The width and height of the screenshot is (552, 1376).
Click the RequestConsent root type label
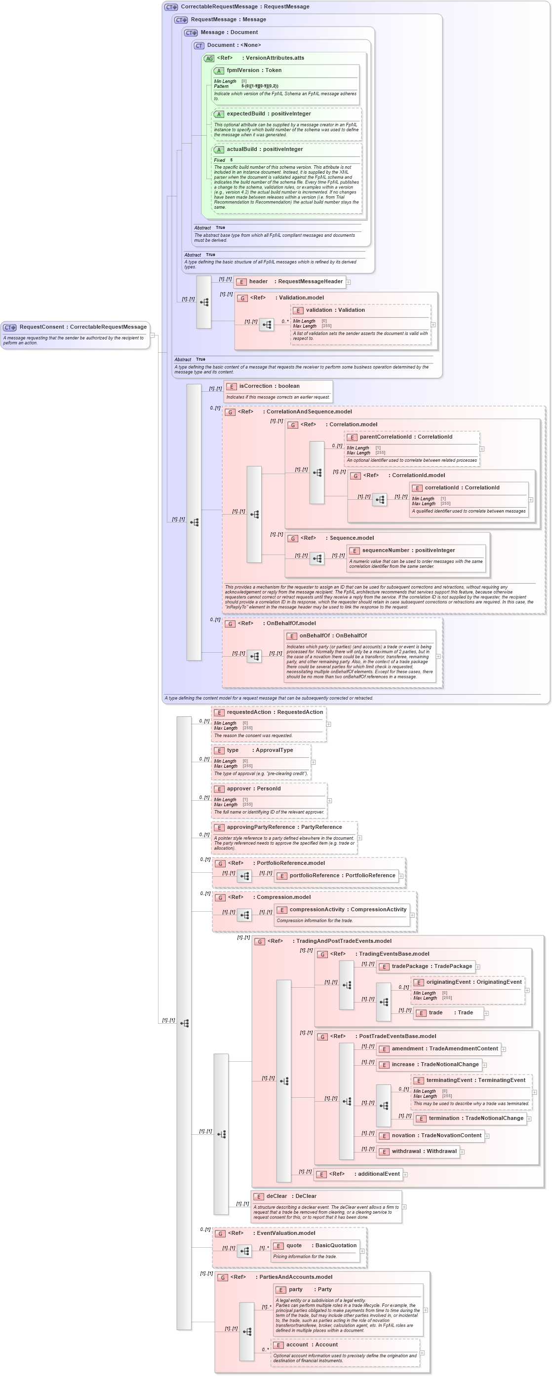83,327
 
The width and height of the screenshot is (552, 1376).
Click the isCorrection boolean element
269,386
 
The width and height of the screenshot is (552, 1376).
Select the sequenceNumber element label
408,550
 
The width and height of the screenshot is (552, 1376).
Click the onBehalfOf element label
332,635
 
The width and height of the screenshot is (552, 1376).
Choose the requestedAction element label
275,712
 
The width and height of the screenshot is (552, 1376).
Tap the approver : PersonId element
261,788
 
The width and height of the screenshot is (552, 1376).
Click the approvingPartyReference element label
284,827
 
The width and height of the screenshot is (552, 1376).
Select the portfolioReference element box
342,876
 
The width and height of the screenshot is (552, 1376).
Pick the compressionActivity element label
348,909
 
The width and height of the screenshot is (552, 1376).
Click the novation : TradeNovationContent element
436,1135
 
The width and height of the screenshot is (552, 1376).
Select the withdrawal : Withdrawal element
424,1151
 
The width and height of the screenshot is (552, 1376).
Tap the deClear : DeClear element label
291,1196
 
